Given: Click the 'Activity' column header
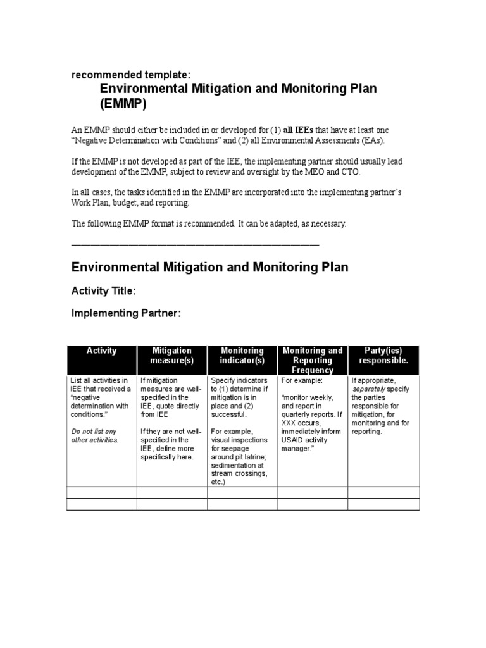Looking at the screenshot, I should (x=101, y=351).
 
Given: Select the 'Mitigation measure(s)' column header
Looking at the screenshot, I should (x=172, y=355).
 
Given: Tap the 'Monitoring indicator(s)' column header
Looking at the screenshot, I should (x=242, y=355).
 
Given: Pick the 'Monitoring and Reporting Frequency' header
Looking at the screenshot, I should (x=313, y=359).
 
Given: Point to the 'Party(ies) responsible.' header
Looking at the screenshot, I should (x=383, y=355).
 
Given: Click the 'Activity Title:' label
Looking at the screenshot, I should (x=103, y=291).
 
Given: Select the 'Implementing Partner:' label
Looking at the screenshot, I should (x=126, y=313).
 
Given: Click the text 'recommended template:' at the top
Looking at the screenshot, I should (x=121, y=75).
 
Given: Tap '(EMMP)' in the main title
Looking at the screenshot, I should (x=126, y=104).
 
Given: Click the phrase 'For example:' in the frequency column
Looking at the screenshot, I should (x=301, y=381).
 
